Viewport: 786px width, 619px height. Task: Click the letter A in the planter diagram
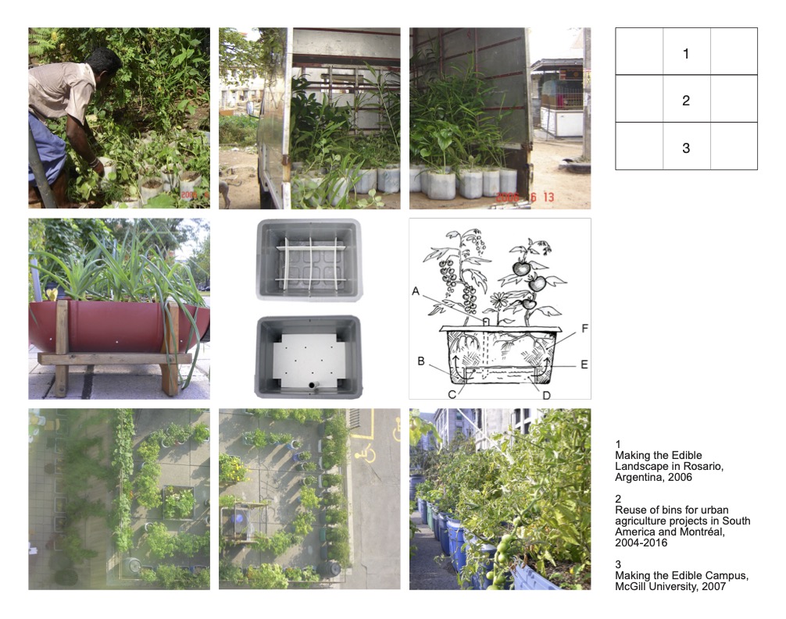pos(416,291)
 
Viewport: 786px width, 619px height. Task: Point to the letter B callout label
pos(421,361)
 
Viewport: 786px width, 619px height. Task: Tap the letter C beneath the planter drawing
pos(452,395)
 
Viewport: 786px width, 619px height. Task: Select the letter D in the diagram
pos(546,395)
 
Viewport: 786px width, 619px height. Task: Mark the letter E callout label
pos(584,365)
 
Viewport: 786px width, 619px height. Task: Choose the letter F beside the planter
pos(584,328)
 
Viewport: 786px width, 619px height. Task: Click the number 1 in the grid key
pos(686,54)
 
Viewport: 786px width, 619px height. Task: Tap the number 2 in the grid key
pos(686,101)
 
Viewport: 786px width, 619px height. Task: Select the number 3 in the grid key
pos(686,148)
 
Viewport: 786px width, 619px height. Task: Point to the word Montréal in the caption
pos(705,532)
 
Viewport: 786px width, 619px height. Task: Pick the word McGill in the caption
pos(630,586)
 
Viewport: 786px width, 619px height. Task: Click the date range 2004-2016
pos(641,543)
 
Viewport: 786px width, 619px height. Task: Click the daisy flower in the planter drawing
pos(499,301)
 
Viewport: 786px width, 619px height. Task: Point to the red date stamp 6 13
pos(542,197)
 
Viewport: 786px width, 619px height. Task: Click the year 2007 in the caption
pos(714,586)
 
